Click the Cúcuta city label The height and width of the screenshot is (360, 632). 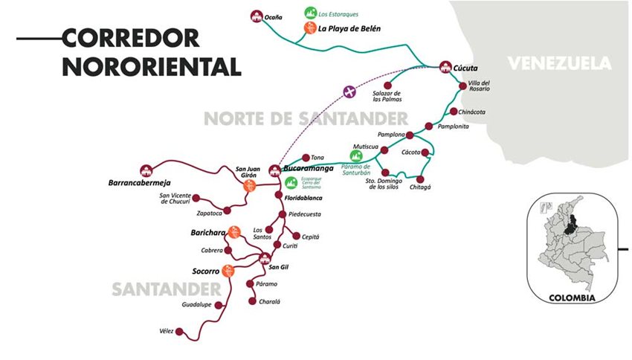(x=466, y=67)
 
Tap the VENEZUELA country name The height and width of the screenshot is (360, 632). (x=559, y=63)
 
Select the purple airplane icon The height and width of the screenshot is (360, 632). (x=349, y=91)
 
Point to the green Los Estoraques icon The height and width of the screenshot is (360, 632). (x=310, y=13)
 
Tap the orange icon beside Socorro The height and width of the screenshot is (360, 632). (x=228, y=270)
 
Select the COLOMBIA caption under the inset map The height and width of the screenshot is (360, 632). (x=572, y=298)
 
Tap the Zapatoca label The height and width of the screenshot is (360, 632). (x=189, y=213)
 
